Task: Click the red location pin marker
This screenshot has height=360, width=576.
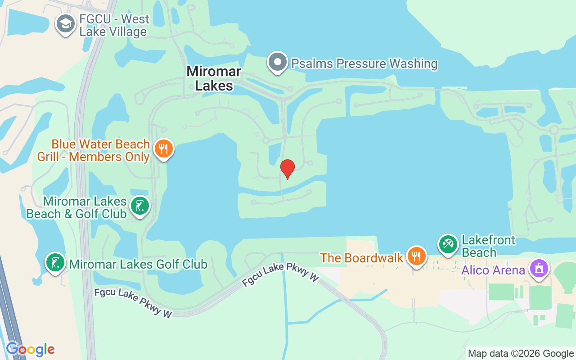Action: (x=288, y=169)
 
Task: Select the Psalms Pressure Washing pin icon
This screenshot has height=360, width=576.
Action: (x=278, y=63)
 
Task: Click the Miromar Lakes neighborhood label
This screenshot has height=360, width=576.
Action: (x=214, y=78)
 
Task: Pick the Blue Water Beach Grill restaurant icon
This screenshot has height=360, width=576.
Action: (x=163, y=149)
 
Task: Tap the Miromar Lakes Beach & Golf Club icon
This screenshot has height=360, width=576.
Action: (x=139, y=206)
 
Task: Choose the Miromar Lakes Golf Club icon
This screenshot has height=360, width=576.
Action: (x=55, y=263)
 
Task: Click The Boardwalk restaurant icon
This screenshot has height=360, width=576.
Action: (x=417, y=256)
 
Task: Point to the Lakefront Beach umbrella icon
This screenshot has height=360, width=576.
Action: (x=448, y=245)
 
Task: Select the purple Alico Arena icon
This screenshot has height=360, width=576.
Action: (x=539, y=268)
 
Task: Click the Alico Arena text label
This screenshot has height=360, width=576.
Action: (x=493, y=270)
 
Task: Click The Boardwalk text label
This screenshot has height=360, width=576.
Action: (x=361, y=258)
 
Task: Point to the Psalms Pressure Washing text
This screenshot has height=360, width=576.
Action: (x=364, y=63)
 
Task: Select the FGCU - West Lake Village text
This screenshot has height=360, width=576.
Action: (x=114, y=26)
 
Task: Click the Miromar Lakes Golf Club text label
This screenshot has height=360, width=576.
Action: (x=138, y=264)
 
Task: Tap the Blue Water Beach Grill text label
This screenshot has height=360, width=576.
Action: (x=100, y=150)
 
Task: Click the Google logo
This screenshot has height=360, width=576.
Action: (x=30, y=349)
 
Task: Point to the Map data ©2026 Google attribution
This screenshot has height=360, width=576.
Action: (x=521, y=353)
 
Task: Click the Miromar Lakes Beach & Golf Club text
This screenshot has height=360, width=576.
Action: (x=77, y=207)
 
